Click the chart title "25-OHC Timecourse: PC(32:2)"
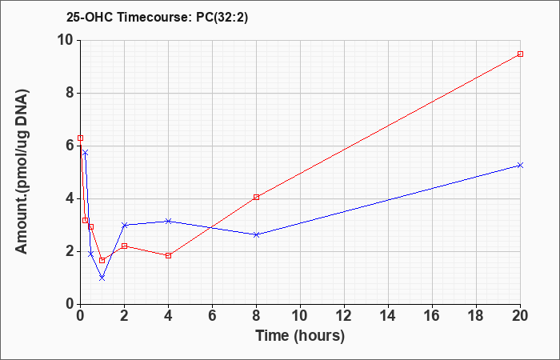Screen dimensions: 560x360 point(157,18)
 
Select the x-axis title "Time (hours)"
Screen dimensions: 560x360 point(300,336)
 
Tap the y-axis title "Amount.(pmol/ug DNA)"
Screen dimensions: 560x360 point(22,172)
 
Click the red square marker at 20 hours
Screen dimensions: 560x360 point(520,54)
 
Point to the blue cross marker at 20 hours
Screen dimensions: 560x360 point(520,166)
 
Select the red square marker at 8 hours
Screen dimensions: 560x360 point(256,197)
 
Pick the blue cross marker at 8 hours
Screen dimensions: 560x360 point(256,234)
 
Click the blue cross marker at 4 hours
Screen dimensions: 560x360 point(169,221)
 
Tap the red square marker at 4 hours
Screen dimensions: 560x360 point(169,255)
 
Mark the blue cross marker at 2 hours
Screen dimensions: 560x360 point(124,225)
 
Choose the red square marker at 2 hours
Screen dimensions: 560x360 point(124,246)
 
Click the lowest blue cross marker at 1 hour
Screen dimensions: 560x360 point(102,278)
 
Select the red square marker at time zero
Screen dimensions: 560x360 point(80,138)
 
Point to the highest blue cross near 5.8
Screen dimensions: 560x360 point(85,153)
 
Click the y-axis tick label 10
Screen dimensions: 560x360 point(67,40)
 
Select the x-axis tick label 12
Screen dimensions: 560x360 point(344,316)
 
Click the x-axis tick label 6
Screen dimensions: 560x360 point(213,316)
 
